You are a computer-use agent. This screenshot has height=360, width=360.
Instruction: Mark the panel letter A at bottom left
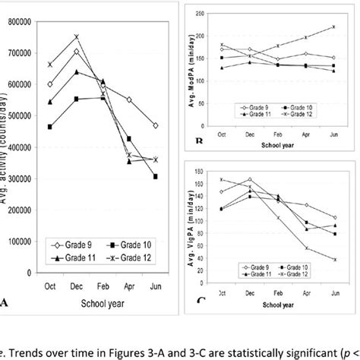coord(6,303)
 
